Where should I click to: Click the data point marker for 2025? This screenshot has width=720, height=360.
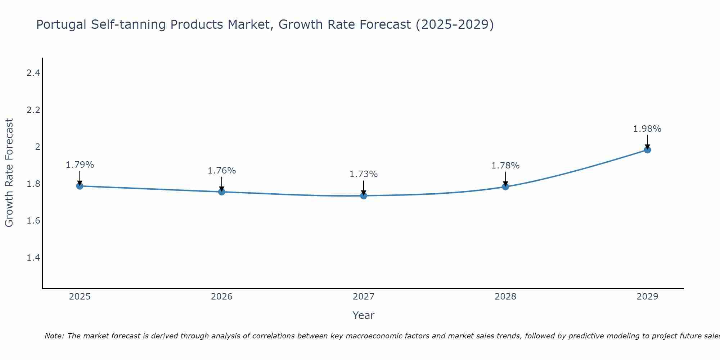pyautogui.click(x=80, y=186)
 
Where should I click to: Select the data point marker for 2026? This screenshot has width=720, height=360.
pyautogui.click(x=222, y=192)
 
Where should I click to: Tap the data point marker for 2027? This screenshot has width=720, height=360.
pyautogui.click(x=364, y=196)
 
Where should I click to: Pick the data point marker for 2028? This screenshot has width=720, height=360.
pyautogui.click(x=505, y=186)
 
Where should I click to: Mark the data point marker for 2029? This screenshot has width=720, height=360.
pyautogui.click(x=647, y=150)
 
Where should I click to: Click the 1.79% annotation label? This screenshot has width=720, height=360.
pyautogui.click(x=80, y=165)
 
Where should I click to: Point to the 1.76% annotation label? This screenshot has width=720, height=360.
pyautogui.click(x=222, y=171)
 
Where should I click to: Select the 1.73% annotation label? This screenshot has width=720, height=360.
pyautogui.click(x=364, y=174)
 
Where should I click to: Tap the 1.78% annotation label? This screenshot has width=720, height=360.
pyautogui.click(x=505, y=166)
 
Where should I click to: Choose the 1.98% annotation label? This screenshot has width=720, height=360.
pyautogui.click(x=647, y=129)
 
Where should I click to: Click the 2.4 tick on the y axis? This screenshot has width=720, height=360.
pyautogui.click(x=33, y=73)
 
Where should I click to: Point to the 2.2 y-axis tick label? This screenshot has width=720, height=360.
pyautogui.click(x=33, y=110)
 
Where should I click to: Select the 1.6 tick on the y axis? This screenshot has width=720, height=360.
pyautogui.click(x=33, y=221)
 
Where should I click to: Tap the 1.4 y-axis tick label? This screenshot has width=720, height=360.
pyautogui.click(x=33, y=258)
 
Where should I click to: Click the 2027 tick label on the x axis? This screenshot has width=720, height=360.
pyautogui.click(x=364, y=297)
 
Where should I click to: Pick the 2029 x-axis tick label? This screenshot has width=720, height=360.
pyautogui.click(x=647, y=297)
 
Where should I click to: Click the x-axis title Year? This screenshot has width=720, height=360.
pyautogui.click(x=364, y=315)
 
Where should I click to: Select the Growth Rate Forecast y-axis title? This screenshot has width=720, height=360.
pyautogui.click(x=9, y=173)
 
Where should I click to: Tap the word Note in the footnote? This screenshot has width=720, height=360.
pyautogui.click(x=54, y=336)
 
